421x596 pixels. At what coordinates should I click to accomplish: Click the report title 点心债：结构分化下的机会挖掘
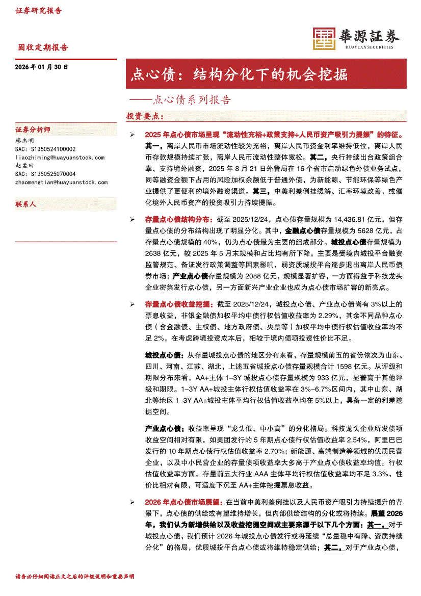240,74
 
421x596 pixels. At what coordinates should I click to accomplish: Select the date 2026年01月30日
42,67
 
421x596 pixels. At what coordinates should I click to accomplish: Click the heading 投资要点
145,116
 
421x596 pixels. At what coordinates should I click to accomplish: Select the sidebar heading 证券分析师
33,129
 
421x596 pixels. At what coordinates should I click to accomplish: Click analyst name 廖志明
24,140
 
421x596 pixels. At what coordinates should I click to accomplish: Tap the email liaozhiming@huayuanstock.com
60,158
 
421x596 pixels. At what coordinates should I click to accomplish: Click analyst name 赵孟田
24,166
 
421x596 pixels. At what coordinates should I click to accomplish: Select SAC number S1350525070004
45,174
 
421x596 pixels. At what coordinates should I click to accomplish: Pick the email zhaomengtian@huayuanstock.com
62,182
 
